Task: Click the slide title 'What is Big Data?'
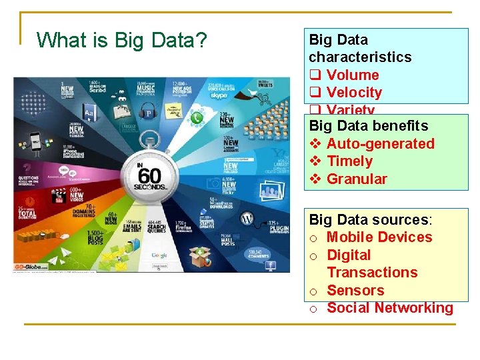click(x=121, y=41)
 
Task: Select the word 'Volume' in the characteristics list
click(x=353, y=75)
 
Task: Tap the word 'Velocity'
click(x=354, y=93)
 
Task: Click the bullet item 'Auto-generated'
click(x=380, y=144)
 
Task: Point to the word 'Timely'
click(x=349, y=161)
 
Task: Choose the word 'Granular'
click(x=357, y=179)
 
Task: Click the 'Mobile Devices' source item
click(x=379, y=237)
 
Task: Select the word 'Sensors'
click(x=355, y=291)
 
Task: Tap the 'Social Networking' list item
click(x=389, y=308)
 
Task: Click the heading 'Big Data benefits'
click(x=369, y=126)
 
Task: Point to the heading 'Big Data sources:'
click(x=371, y=220)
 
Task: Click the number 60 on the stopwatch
click(x=151, y=176)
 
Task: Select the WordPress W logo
click(x=247, y=219)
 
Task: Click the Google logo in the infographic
click(x=159, y=255)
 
